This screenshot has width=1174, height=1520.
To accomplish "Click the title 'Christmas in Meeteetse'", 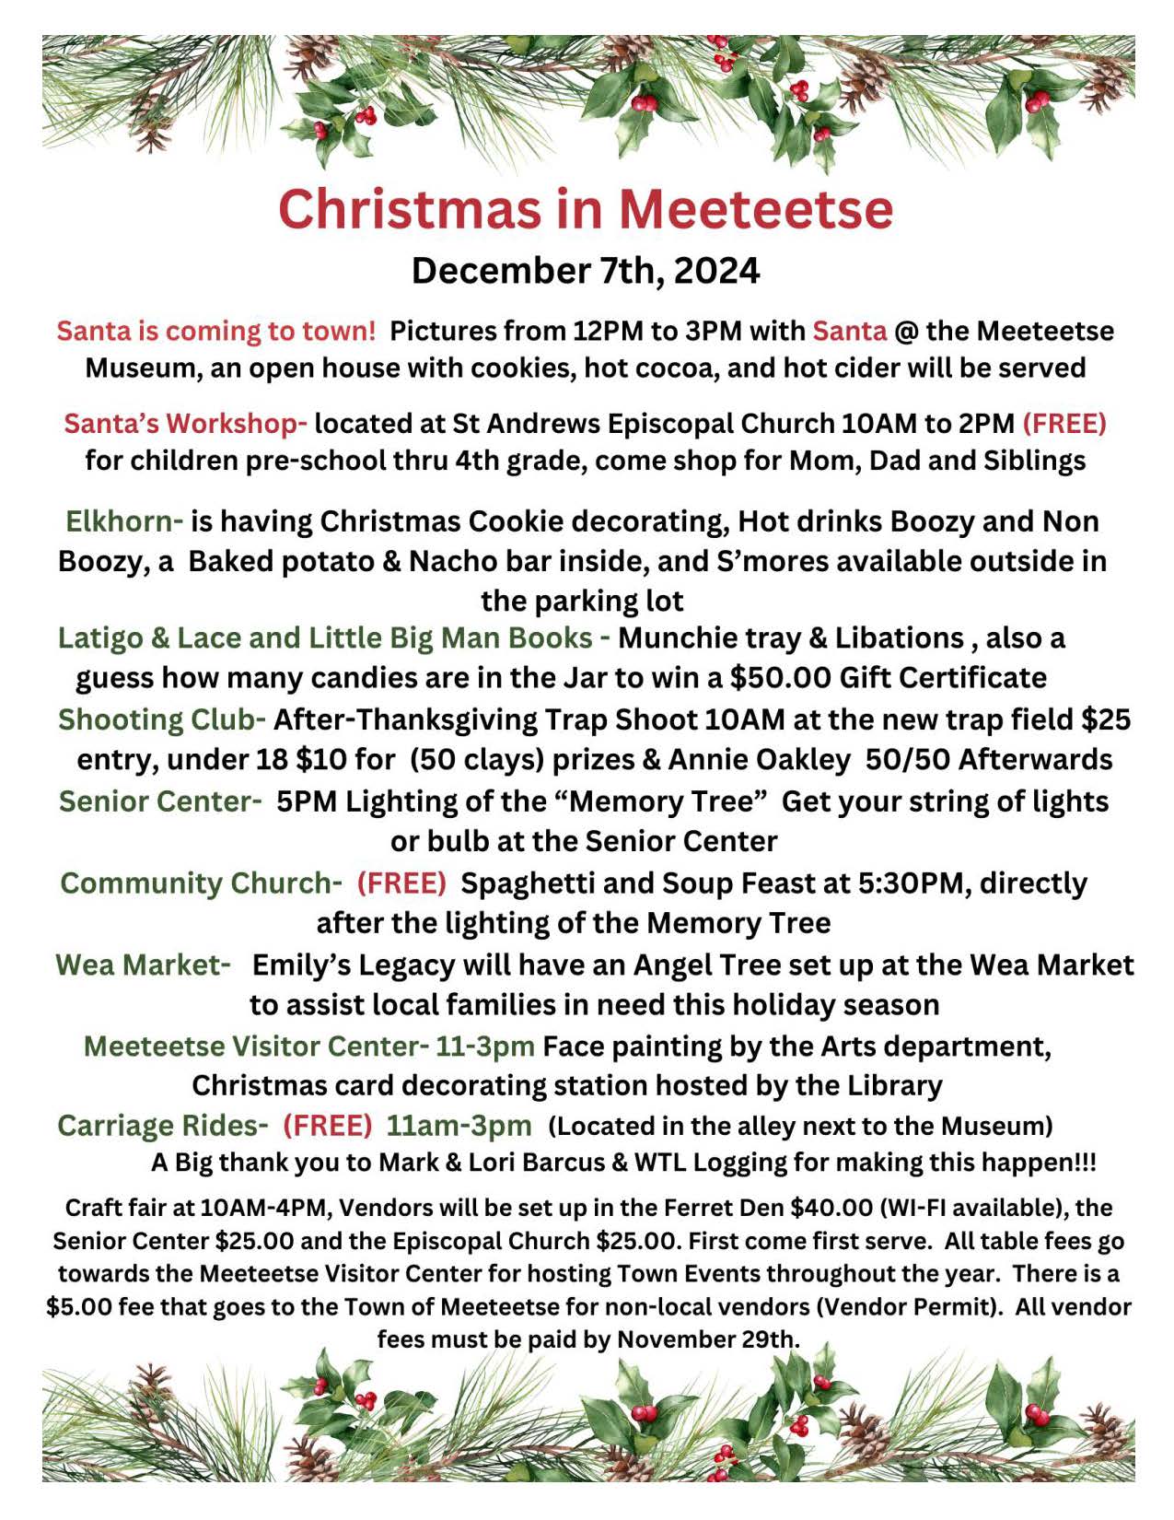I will [586, 209].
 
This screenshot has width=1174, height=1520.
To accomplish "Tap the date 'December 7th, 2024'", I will [586, 271].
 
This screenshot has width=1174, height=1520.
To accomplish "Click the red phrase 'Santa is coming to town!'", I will [216, 331].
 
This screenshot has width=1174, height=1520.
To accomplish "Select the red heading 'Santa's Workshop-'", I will [185, 424].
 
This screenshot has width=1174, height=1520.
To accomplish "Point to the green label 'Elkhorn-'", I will [124, 521].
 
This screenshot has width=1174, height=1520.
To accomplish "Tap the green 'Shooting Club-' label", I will [162, 719].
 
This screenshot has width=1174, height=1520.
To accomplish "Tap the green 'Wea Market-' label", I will [143, 965].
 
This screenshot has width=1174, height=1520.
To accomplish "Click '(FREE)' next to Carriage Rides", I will [328, 1126].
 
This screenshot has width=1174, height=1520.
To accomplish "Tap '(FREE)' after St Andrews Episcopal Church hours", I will [1064, 424].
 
